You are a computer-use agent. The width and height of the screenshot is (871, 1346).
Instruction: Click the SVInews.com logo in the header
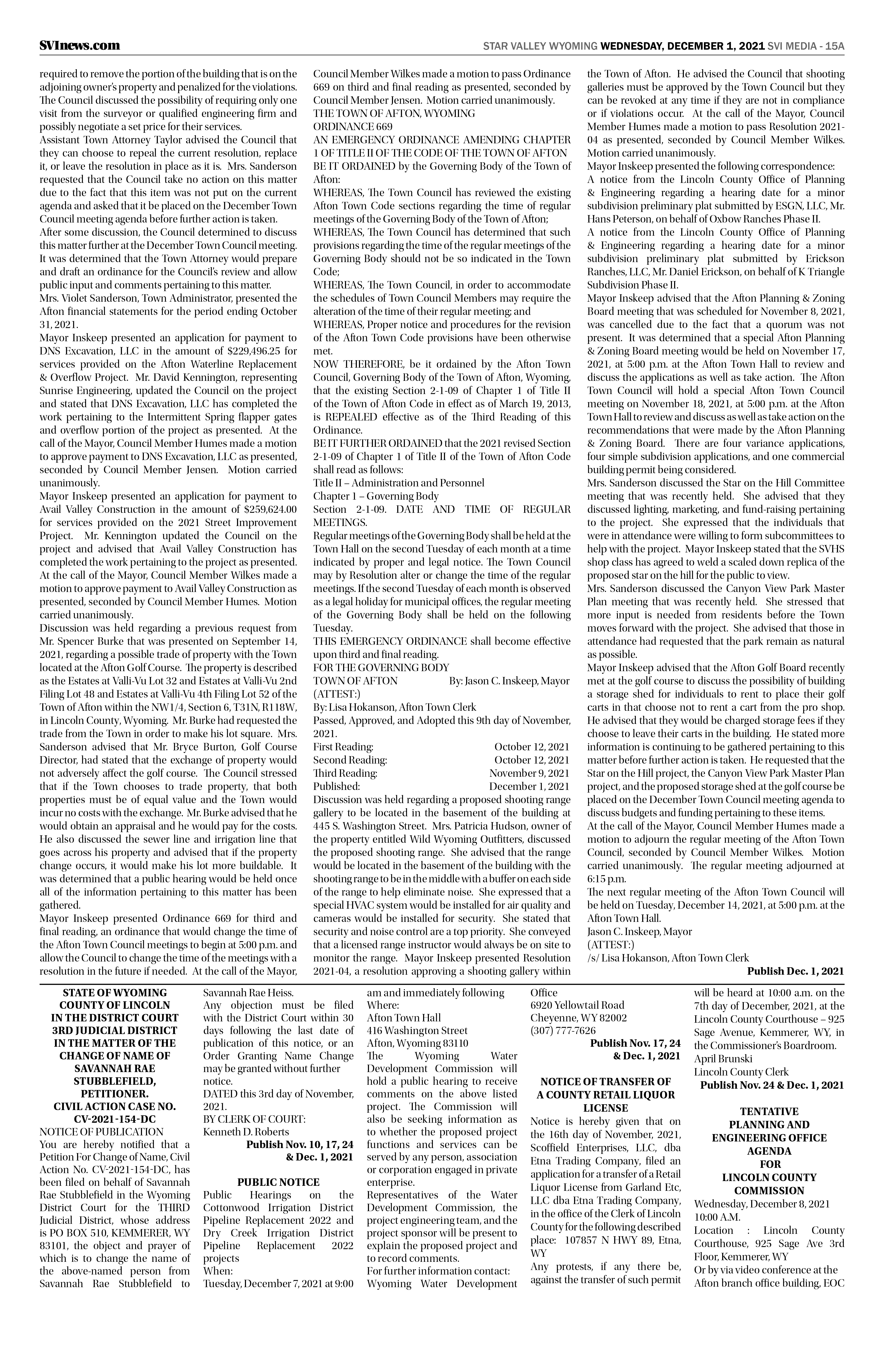[80, 46]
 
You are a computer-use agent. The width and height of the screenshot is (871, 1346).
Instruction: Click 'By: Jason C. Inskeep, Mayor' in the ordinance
[509, 681]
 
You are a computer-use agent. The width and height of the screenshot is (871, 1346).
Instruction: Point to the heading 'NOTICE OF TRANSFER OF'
[606, 1082]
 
